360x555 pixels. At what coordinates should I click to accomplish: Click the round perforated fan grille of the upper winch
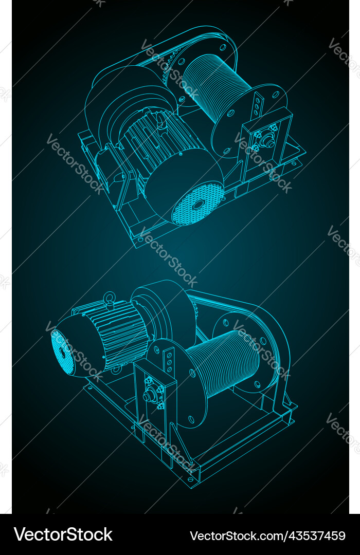[x=198, y=205]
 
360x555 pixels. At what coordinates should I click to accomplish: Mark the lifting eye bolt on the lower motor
[x=109, y=297]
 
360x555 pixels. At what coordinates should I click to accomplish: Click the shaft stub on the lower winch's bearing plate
[x=151, y=396]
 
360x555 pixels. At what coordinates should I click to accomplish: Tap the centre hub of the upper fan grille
[x=198, y=205]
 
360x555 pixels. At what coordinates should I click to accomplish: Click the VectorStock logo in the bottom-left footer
[x=63, y=535]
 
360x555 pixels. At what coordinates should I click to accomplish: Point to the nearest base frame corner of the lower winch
[x=192, y=482]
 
